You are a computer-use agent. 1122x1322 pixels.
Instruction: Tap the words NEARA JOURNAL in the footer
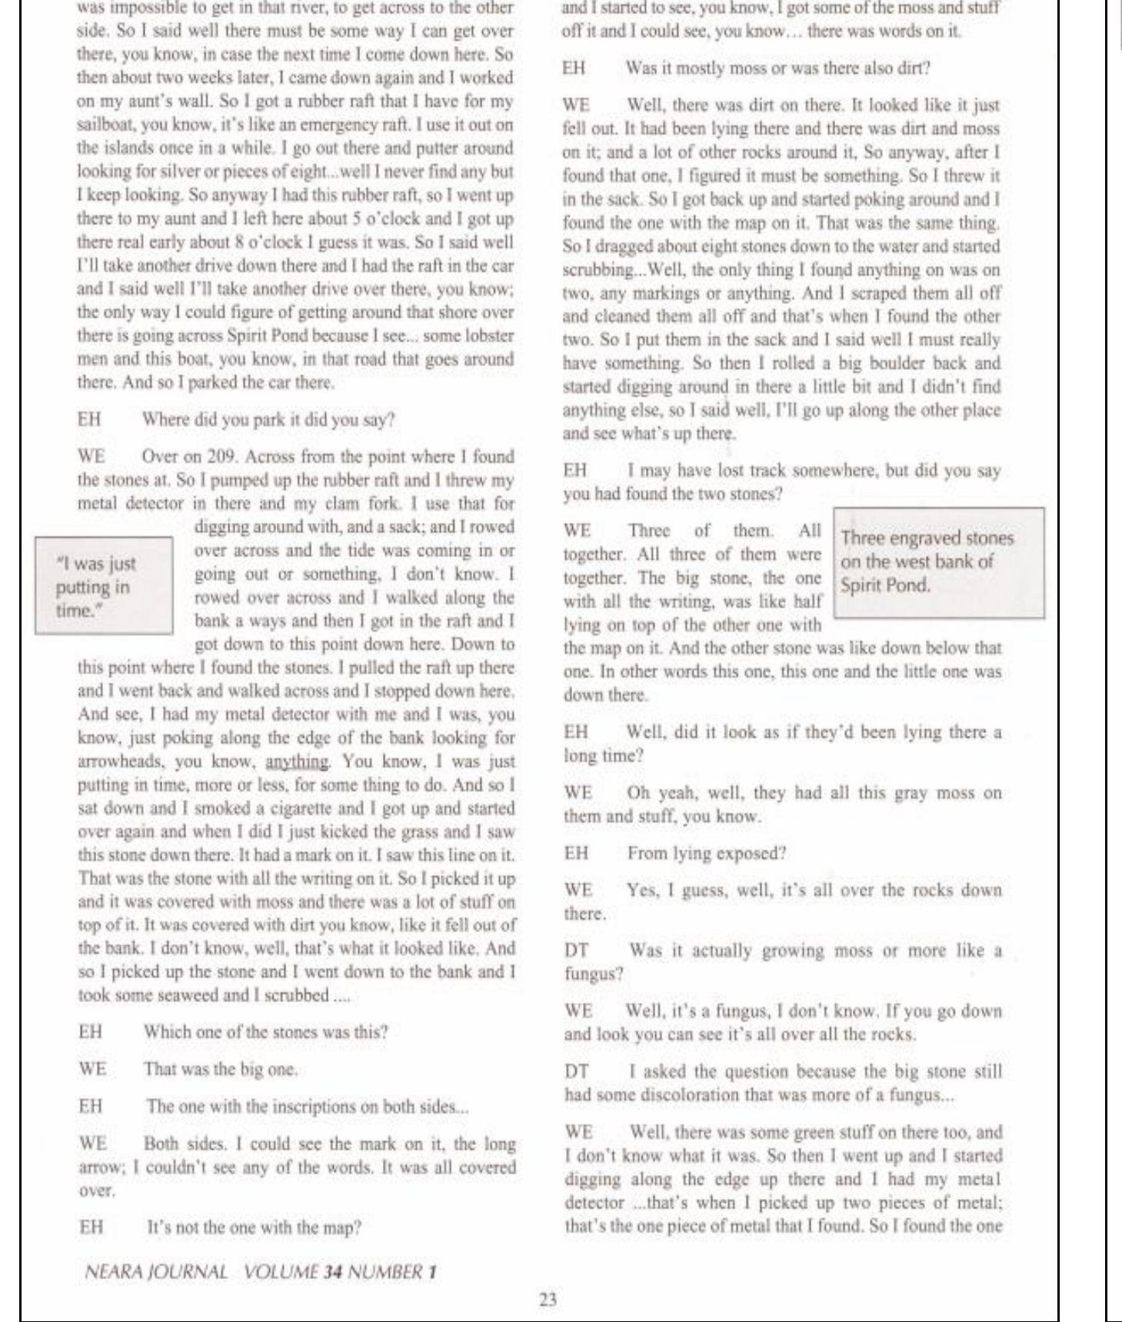pos(156,1271)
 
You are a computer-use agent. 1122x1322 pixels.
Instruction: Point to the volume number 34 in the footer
pos(331,1271)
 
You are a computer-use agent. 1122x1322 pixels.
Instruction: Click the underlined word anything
pos(297,761)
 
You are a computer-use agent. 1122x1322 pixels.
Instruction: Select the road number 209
pos(208,457)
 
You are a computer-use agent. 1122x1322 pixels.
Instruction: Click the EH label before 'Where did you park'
pos(88,420)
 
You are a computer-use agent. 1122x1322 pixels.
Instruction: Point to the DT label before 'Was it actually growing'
pos(577,951)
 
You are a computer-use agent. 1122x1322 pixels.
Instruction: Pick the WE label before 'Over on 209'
pos(92,457)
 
